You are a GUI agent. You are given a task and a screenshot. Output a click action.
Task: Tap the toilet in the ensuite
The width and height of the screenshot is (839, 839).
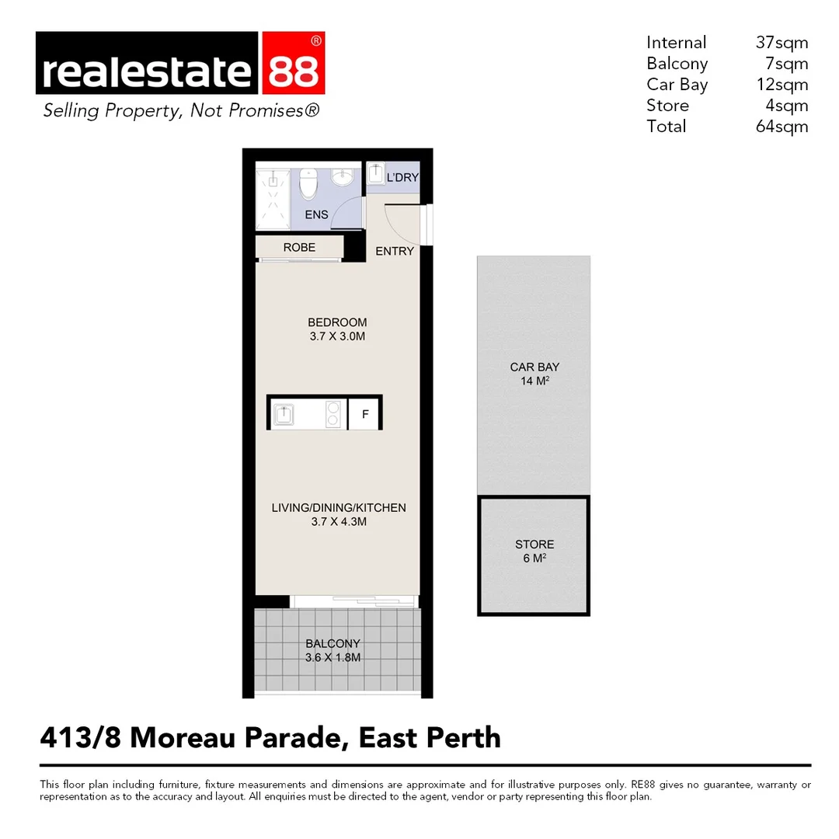[x=308, y=184]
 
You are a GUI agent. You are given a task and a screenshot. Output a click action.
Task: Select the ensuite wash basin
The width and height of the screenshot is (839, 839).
[x=343, y=178]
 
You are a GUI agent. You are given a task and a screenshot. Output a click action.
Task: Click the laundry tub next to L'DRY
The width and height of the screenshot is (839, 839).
[x=375, y=172]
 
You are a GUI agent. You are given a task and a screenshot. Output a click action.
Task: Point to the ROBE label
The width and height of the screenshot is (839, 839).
[x=299, y=248]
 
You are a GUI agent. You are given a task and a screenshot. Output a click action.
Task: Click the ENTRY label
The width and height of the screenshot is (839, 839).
[x=395, y=251]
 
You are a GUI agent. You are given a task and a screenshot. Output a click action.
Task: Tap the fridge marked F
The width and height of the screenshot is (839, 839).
[x=364, y=414]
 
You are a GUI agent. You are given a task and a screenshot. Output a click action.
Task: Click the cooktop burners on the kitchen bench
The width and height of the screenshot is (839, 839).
[x=333, y=413]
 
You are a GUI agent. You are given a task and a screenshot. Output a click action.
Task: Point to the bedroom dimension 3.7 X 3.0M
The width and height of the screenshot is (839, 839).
[x=337, y=337]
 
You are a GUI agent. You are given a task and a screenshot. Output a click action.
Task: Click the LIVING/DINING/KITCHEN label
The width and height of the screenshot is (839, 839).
[x=339, y=508]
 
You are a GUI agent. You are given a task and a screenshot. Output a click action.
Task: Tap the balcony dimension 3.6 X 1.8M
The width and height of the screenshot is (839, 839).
[x=332, y=657]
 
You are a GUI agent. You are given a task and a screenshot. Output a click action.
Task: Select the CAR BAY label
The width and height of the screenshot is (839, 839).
[x=534, y=367]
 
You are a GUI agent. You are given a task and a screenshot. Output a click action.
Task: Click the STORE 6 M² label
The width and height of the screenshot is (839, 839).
[x=534, y=551]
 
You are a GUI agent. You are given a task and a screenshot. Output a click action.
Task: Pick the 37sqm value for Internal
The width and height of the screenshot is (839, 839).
[x=782, y=43]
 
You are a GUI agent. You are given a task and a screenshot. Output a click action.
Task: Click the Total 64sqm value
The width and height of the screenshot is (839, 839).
[x=782, y=127]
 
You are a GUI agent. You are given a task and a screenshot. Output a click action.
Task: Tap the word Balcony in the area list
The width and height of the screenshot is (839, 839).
[x=677, y=64]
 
